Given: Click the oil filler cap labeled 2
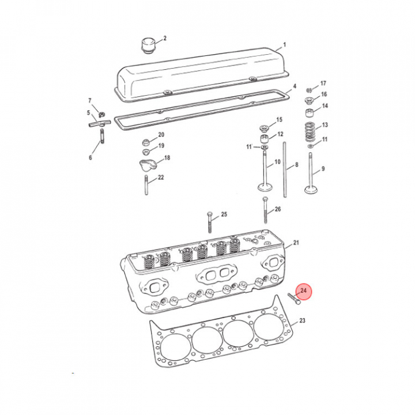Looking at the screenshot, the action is [148, 46].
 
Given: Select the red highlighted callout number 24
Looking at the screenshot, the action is [303, 290].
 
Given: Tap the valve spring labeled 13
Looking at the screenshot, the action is [310, 131].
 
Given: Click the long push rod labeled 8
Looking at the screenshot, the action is [285, 169].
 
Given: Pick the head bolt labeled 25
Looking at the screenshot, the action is [210, 222].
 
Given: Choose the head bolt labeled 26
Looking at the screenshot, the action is [266, 210].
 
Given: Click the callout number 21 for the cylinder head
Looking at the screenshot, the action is [296, 243].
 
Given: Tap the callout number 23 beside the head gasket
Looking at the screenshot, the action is [302, 320].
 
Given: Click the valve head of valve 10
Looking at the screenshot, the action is [265, 187].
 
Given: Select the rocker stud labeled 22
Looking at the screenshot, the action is [146, 185].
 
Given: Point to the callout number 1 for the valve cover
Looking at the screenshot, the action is [285, 45].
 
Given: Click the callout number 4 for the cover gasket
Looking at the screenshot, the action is [295, 86].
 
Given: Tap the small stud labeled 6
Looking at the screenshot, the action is [102, 136].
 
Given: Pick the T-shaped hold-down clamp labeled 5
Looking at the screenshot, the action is [100, 123].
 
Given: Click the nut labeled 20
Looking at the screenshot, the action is [146, 142].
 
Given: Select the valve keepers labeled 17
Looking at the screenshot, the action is [309, 90].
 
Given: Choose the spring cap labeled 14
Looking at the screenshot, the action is [310, 113].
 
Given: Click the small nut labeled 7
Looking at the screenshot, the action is [102, 114].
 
